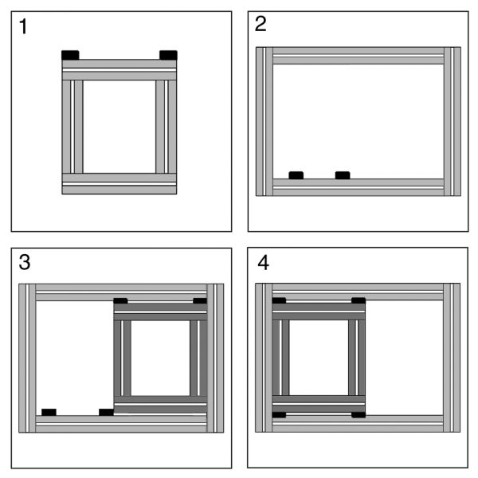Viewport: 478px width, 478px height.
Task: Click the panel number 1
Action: (x=23, y=26)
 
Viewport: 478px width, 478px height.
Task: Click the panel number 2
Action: (x=261, y=24)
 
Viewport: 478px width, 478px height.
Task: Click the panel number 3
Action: (x=25, y=262)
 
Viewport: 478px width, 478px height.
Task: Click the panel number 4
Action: (x=264, y=263)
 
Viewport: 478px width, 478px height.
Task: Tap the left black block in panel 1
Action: (x=70, y=55)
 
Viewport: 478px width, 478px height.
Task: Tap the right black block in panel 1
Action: (x=168, y=55)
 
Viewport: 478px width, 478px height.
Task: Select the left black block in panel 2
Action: (x=296, y=175)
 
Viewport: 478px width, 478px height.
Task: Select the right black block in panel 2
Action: (x=343, y=175)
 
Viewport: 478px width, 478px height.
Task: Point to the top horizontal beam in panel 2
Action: (x=358, y=56)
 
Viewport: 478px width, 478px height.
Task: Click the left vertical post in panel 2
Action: (x=264, y=121)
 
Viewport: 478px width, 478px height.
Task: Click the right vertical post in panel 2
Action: (x=453, y=121)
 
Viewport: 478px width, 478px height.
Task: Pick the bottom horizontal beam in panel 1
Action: (x=119, y=184)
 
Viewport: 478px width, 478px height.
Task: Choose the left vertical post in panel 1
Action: (x=72, y=127)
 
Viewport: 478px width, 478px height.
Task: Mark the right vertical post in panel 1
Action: (x=167, y=127)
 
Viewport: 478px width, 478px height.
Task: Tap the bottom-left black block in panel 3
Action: (x=49, y=412)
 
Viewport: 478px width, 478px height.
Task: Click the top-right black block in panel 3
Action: (x=200, y=301)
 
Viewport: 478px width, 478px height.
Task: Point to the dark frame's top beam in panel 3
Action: (x=160, y=311)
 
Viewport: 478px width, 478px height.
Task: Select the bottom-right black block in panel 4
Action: (x=358, y=414)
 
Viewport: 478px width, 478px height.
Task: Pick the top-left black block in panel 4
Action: (x=279, y=300)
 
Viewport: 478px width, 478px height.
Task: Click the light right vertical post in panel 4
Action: (x=452, y=358)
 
